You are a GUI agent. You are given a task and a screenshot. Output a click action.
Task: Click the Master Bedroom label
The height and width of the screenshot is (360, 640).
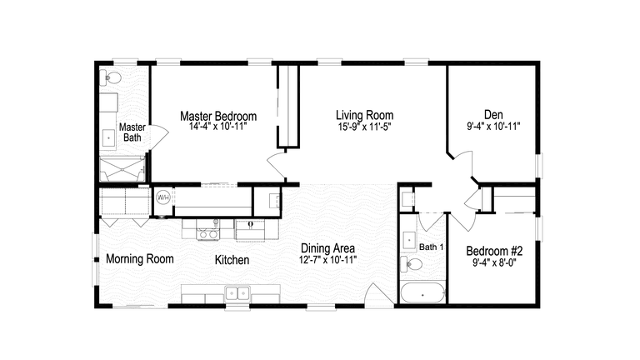218,116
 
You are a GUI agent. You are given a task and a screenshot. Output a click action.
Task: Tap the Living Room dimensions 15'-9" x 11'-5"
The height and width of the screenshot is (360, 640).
364,127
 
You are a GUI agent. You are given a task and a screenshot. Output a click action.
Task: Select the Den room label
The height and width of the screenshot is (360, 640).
492,115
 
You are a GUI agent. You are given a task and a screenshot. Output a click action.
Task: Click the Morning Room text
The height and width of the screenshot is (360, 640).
140,259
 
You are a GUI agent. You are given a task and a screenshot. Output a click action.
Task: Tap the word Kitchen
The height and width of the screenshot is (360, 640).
232,260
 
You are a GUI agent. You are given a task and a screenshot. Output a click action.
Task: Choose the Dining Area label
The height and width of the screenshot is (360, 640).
328,248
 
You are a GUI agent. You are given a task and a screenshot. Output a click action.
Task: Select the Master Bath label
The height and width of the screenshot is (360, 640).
132,132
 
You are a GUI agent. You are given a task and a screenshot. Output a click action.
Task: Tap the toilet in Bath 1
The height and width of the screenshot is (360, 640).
412,265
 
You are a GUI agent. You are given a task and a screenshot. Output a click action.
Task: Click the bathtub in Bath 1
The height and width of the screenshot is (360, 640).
422,293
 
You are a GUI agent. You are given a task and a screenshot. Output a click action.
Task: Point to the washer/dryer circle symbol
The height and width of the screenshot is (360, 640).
162,199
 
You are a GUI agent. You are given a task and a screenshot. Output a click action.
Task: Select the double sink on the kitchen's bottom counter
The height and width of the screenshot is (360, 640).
237,292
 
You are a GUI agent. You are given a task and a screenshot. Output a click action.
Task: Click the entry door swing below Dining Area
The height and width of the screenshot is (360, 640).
377,295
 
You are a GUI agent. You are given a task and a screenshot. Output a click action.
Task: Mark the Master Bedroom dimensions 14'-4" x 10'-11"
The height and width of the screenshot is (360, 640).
218,127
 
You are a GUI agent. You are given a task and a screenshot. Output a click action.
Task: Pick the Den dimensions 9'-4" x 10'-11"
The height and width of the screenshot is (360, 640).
492,127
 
